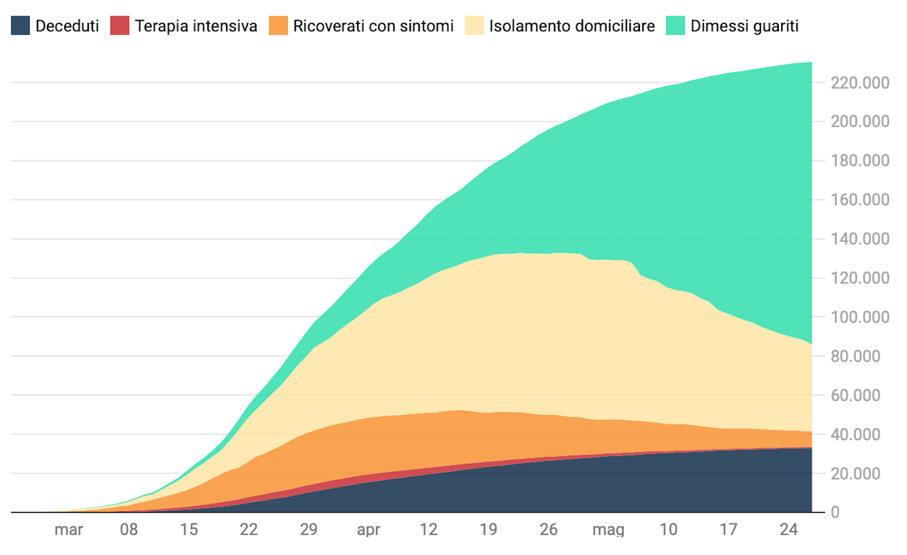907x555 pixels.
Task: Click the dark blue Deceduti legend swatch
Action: tap(20, 25)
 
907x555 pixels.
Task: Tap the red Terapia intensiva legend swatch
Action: tap(120, 25)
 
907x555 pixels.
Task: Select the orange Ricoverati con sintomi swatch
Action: tap(278, 25)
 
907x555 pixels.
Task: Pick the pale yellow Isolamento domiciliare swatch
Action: tap(474, 25)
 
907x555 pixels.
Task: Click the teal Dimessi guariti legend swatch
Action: tap(675, 25)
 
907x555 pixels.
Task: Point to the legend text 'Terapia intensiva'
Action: tap(196, 26)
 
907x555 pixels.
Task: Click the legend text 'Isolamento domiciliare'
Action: tap(572, 26)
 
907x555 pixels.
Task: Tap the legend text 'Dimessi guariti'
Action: tap(744, 26)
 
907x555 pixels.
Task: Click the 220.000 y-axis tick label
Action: tap(860, 83)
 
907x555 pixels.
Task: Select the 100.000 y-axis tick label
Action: tap(860, 317)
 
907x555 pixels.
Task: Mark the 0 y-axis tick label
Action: tap(835, 513)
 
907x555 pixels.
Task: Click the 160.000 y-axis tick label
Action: tap(860, 200)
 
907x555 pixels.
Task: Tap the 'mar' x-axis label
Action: tap(69, 530)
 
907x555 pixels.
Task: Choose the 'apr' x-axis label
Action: tap(368, 530)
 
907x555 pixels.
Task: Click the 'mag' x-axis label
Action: tap(608, 530)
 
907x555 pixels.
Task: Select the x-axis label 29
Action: tap(308, 530)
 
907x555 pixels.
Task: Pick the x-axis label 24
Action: tap(789, 530)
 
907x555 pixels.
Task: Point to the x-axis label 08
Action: tap(129, 530)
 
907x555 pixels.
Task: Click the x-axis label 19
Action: tap(488, 530)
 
